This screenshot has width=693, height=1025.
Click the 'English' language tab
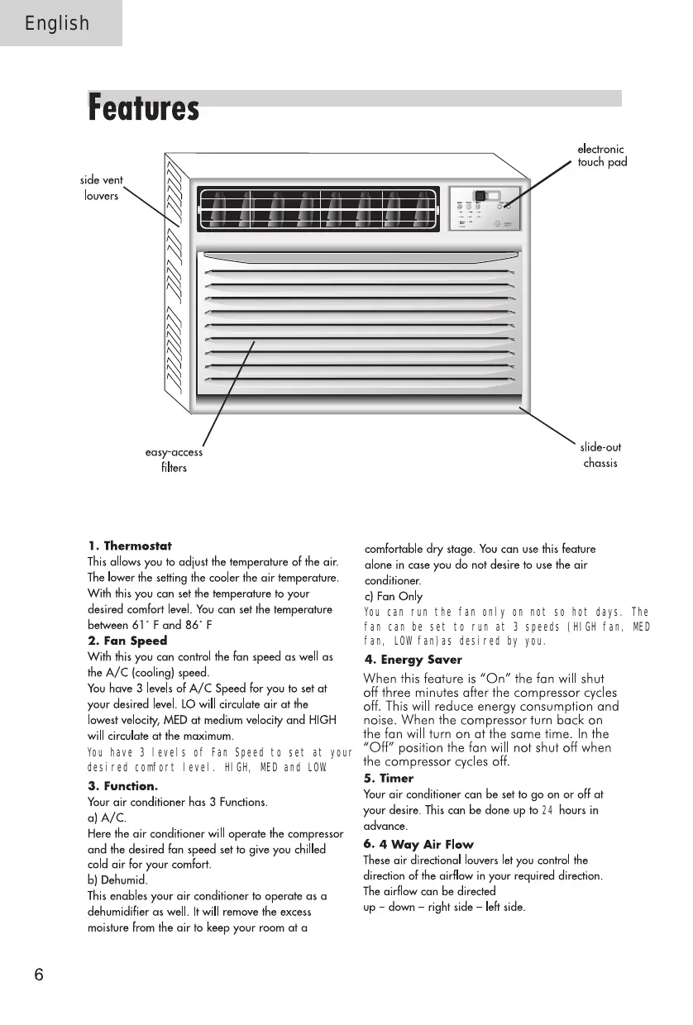point(57,23)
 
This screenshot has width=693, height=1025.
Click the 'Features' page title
point(144,109)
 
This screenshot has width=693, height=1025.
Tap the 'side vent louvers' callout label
point(102,188)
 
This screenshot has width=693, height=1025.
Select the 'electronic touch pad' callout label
point(601,156)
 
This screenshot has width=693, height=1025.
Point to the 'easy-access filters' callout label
point(174,460)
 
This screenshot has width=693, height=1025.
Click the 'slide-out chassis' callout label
point(600,455)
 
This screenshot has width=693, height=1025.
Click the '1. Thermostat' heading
point(130,546)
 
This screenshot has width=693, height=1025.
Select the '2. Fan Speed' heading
point(127,641)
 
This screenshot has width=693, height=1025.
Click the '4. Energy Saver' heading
point(413,660)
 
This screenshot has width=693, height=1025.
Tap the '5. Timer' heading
point(389,779)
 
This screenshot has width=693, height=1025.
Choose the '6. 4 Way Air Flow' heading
point(418,844)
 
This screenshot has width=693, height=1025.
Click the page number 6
point(38,975)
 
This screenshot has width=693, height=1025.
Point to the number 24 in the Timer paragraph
point(547,810)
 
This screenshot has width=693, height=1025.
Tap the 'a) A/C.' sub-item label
point(107,818)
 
